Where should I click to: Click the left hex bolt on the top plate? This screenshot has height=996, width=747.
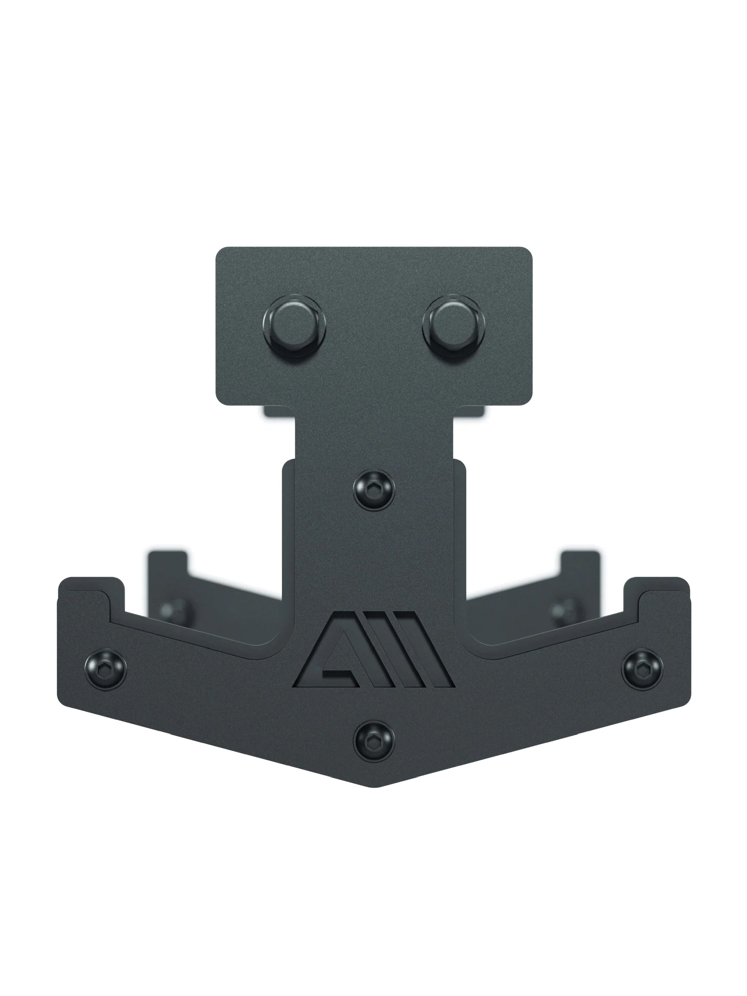point(294,326)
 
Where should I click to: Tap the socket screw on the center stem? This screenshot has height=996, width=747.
point(374,490)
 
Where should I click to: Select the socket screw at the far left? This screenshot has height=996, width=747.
point(106,669)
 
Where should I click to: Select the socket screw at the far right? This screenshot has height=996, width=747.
point(642,669)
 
